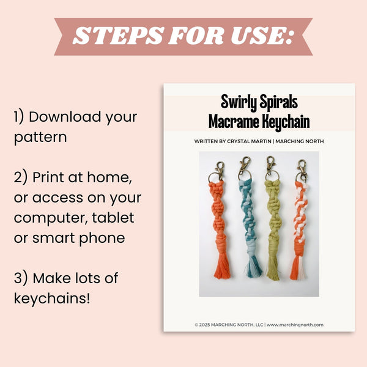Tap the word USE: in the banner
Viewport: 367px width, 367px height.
262,35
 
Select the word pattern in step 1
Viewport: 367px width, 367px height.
40,138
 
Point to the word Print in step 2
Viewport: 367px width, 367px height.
48,177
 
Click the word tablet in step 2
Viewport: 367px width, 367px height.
113,218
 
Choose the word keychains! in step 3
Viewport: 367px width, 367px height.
52,298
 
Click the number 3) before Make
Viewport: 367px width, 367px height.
21,278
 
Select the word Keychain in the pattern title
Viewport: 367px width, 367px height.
286,122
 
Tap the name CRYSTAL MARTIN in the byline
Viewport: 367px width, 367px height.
249,141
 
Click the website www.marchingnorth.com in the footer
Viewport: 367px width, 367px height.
295,325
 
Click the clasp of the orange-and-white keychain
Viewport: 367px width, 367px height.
302,169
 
